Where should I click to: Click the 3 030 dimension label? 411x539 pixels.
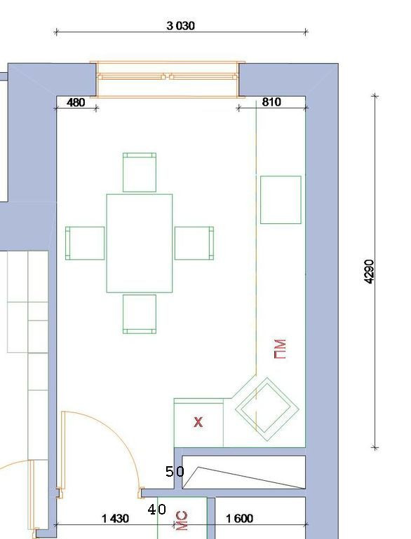(x=180, y=26)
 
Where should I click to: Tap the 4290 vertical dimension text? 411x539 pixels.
(x=369, y=272)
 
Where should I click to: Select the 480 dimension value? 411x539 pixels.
(x=76, y=102)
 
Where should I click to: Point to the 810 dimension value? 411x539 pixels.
(x=271, y=101)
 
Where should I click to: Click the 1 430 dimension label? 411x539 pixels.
(x=116, y=519)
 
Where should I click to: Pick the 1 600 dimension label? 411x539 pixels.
(x=239, y=519)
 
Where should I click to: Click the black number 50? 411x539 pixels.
(x=175, y=472)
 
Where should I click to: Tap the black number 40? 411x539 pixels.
(x=156, y=510)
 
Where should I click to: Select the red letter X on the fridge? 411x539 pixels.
(x=198, y=422)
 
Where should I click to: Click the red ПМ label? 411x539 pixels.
(x=280, y=349)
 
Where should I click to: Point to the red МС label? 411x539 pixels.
(x=182, y=521)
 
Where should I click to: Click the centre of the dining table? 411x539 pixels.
(x=140, y=243)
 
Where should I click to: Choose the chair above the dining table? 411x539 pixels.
(x=140, y=172)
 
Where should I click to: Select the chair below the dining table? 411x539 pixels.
(x=140, y=314)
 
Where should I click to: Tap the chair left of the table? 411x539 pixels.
(x=85, y=243)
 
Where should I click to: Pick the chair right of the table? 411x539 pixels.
(x=194, y=243)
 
